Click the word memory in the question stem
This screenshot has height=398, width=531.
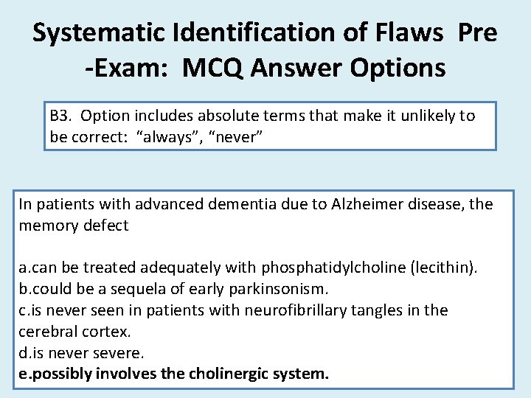(x=45, y=226)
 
